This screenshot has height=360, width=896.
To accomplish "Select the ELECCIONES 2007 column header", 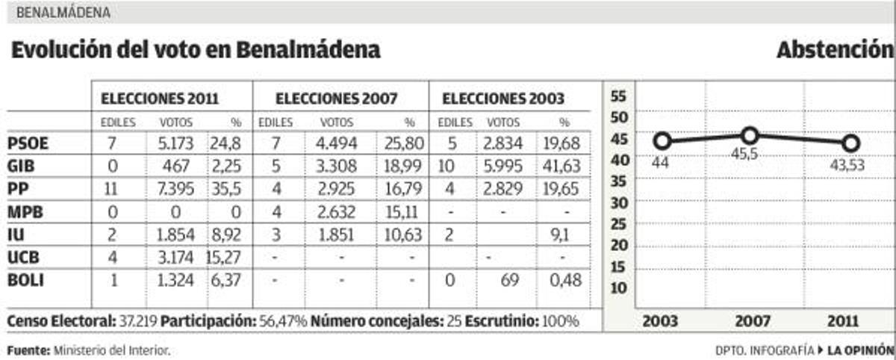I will [x=336, y=98].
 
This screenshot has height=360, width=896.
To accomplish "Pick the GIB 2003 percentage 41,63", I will [x=562, y=166].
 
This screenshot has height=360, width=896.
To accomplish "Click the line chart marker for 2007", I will [x=750, y=135].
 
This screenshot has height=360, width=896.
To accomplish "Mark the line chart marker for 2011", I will [x=850, y=143].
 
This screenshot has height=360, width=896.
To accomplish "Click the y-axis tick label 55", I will [x=620, y=96].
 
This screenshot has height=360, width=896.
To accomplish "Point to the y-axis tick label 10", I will [x=620, y=288].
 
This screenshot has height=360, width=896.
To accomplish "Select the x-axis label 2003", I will [x=660, y=321].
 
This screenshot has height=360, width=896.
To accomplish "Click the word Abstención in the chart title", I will [x=835, y=50].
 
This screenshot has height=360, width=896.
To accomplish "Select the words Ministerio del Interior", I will [x=111, y=350].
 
